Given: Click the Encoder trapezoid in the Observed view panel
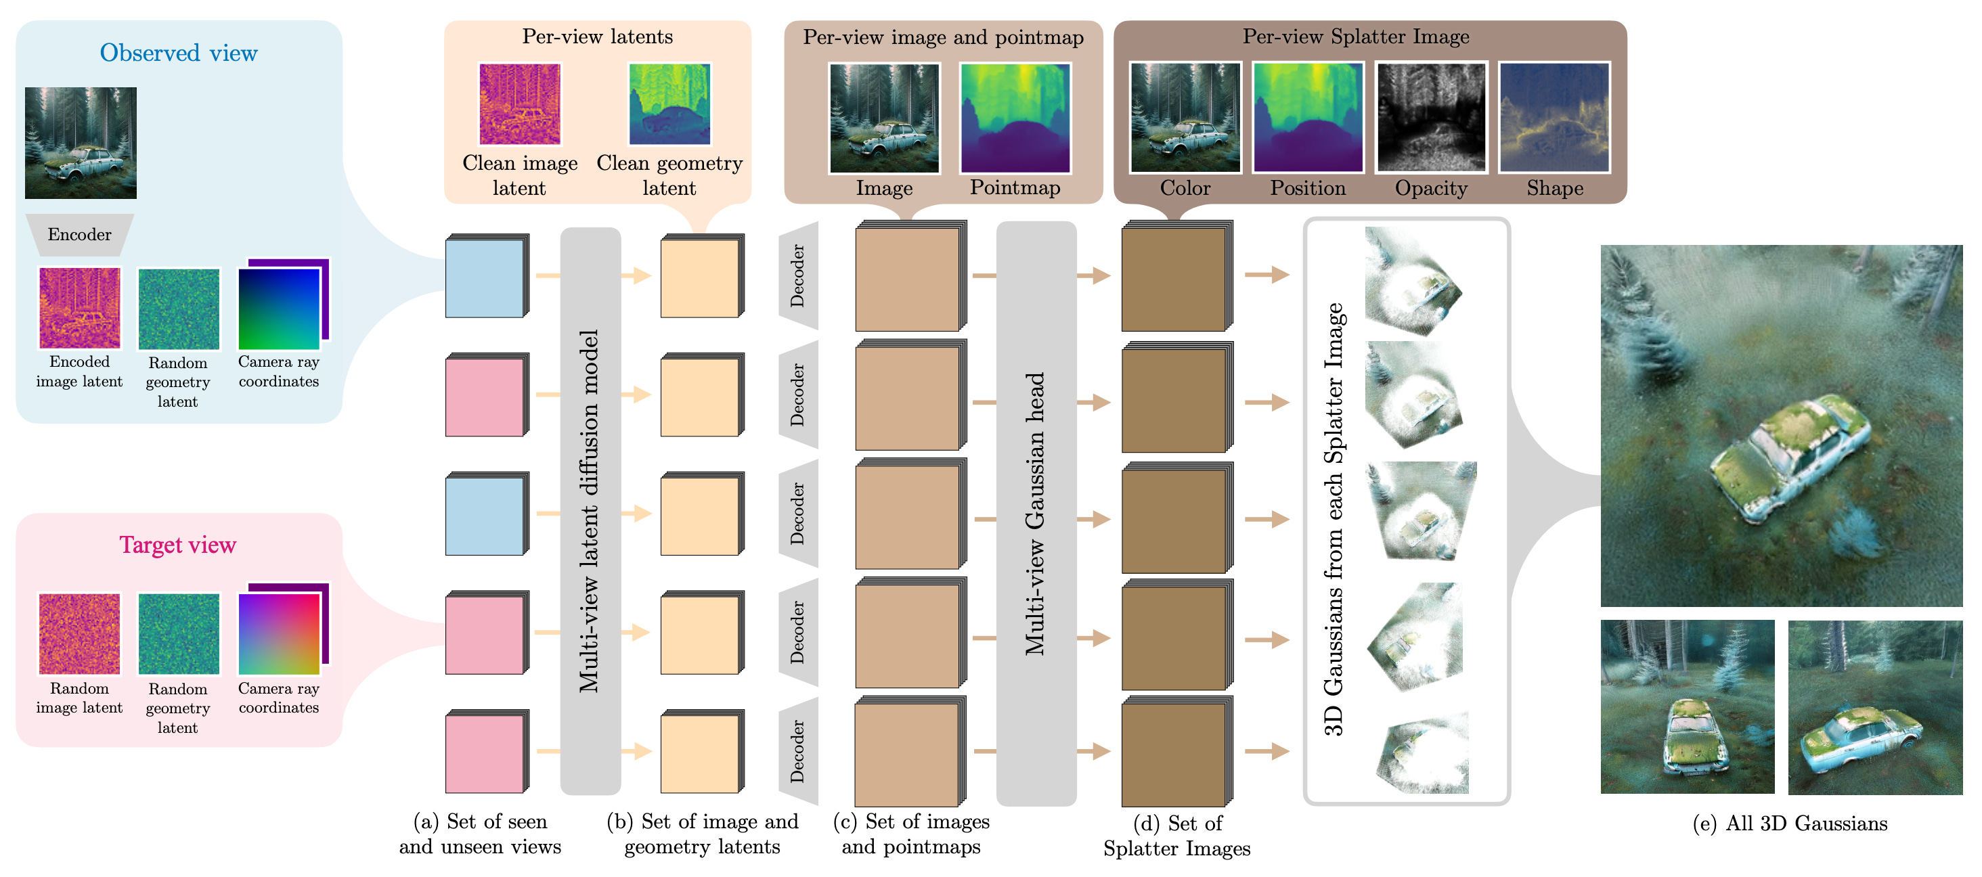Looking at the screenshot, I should point(79,235).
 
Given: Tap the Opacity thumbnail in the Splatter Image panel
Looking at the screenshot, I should point(1431,117).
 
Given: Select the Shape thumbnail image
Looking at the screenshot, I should point(1554,117).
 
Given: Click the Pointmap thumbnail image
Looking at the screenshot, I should point(1015,118).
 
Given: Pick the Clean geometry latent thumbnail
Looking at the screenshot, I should point(669,104).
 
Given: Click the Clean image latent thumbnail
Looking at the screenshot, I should point(520,104).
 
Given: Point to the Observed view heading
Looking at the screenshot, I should point(179,53).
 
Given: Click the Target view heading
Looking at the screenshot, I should point(178,545).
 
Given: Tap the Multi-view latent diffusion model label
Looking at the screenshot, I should point(590,511).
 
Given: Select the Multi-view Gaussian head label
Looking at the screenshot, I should point(1036,514).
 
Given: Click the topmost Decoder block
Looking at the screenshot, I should point(799,275).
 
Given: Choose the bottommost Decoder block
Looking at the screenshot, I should point(799,751).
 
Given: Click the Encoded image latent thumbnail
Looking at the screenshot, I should point(79,309).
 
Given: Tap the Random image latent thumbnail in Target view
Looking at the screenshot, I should point(79,634).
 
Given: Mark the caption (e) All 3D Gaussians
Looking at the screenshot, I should point(1790,824).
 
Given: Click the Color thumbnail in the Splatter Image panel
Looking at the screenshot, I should point(1185,117).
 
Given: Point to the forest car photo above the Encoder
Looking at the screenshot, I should point(81,143).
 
